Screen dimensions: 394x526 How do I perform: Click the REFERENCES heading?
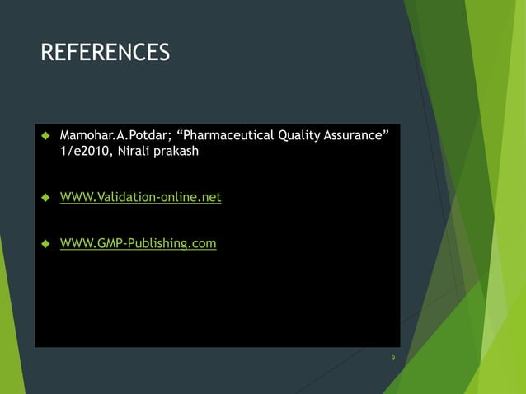[x=105, y=54]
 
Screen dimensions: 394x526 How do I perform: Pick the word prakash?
[x=180, y=152]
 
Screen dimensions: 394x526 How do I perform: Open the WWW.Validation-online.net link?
[x=140, y=198]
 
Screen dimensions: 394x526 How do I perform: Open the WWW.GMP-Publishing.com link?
[x=138, y=243]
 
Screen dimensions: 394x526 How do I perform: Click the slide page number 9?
[x=392, y=358]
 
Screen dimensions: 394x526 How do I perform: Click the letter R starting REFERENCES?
[x=47, y=54]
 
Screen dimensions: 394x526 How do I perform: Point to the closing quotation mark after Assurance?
[x=384, y=132]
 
